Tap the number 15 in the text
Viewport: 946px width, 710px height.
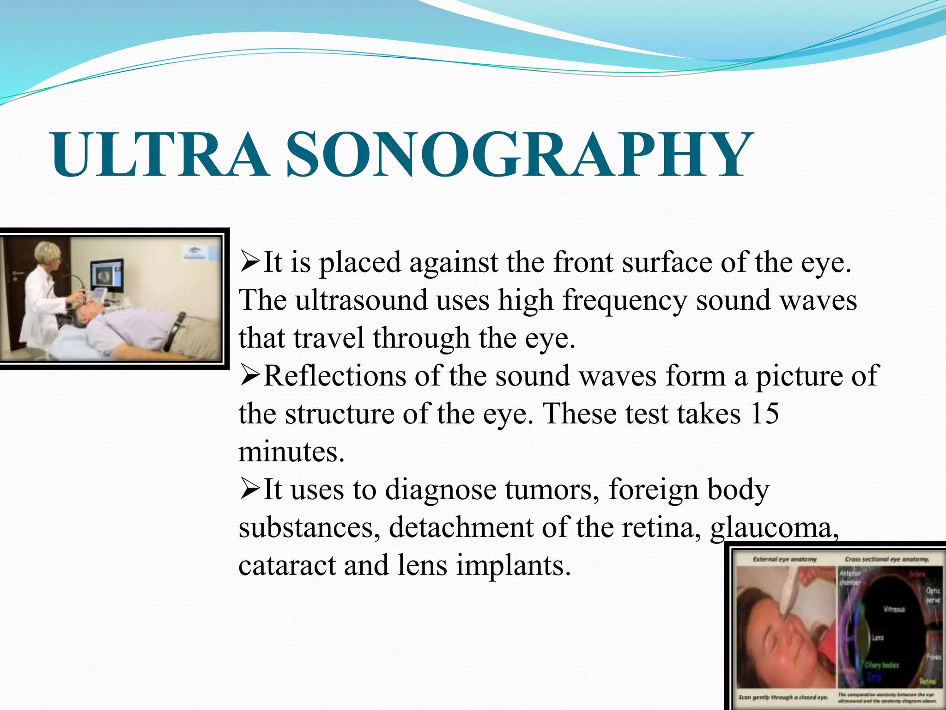point(765,413)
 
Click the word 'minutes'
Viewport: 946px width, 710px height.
point(291,452)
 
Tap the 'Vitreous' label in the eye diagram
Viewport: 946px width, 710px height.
point(894,609)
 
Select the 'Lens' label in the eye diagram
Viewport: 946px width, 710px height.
point(878,638)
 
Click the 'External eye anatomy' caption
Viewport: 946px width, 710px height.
point(785,559)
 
